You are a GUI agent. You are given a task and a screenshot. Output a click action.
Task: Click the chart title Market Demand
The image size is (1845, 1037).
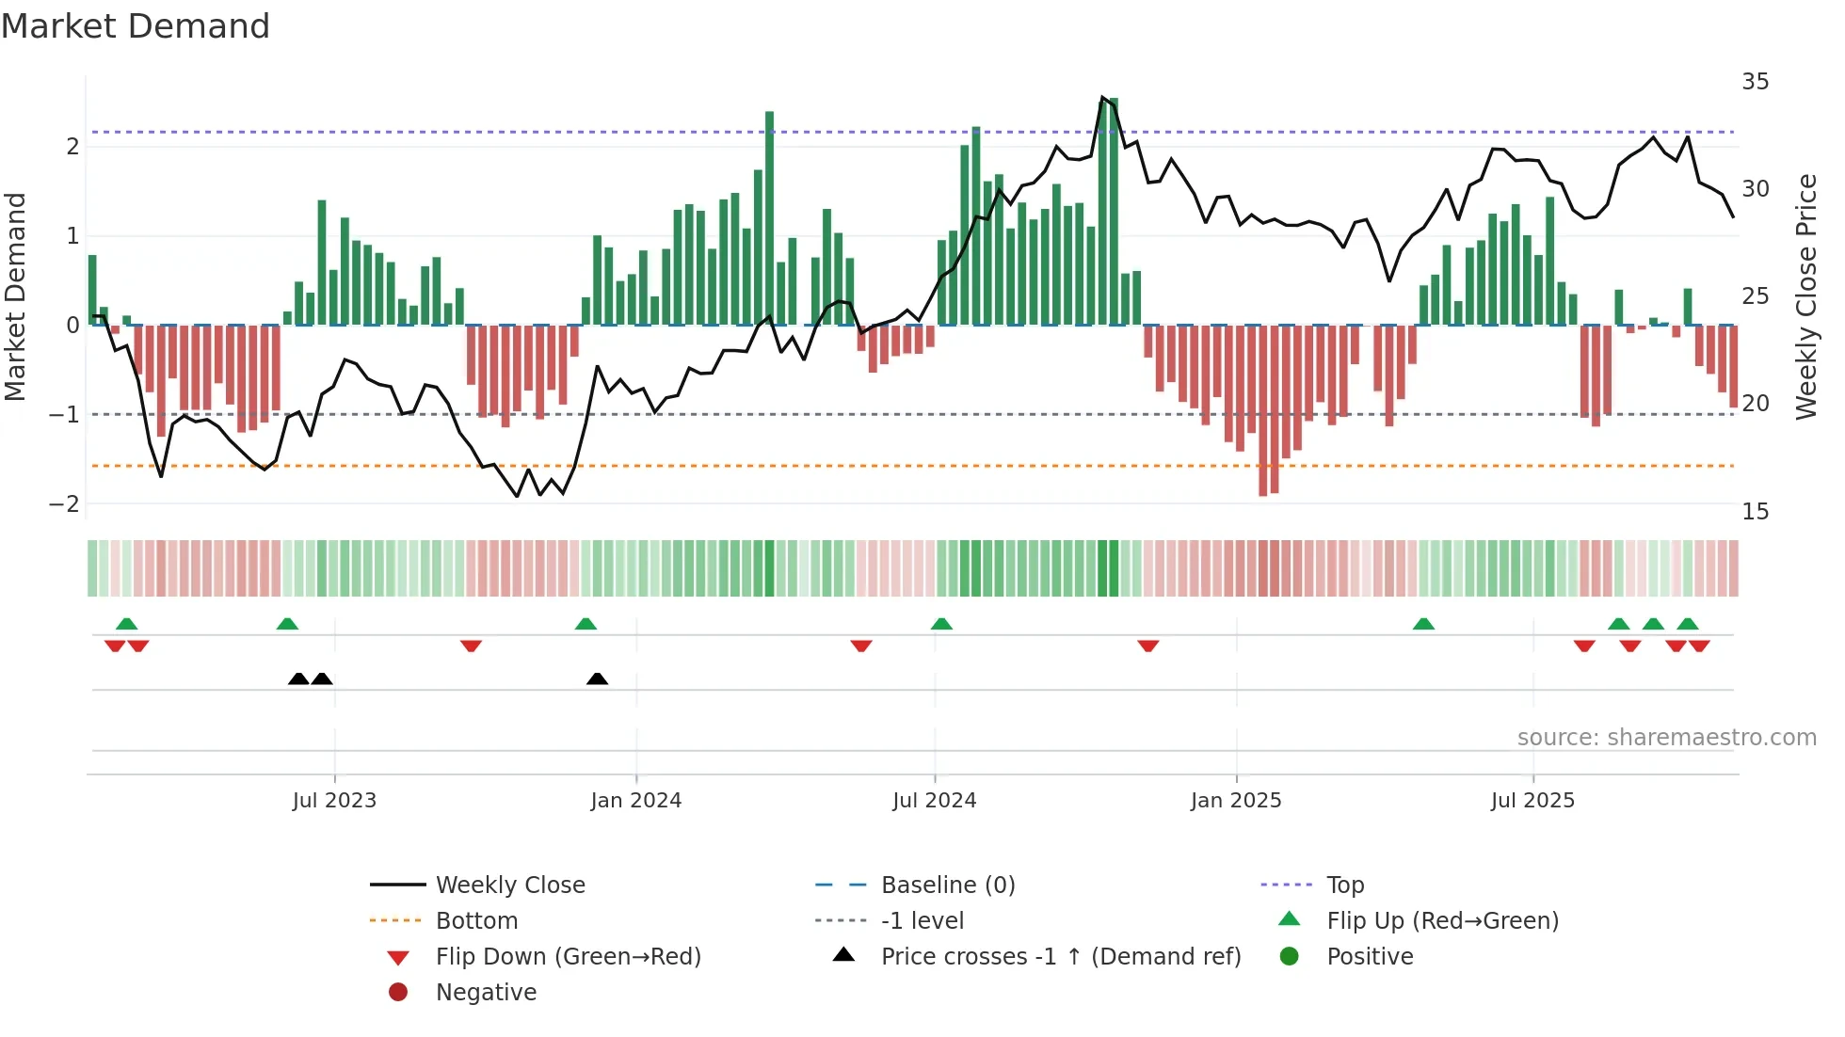(136, 26)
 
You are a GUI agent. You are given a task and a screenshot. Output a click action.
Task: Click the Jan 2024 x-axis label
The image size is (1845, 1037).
(635, 801)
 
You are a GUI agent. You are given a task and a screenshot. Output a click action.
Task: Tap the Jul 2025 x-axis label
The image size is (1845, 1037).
(1532, 801)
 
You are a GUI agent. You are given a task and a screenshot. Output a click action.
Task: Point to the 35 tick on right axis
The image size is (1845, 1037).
(1755, 82)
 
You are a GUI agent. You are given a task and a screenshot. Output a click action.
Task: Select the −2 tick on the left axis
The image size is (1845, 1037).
(64, 504)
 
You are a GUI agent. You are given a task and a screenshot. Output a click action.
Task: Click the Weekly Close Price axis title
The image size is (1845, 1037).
(1805, 296)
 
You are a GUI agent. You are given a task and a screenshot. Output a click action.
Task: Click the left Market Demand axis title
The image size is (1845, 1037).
(15, 296)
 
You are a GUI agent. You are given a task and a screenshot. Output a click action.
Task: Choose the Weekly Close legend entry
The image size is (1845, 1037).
(509, 885)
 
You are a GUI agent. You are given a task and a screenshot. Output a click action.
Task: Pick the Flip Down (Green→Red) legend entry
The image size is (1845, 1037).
(568, 957)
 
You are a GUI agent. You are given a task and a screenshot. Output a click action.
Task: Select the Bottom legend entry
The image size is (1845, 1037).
(476, 921)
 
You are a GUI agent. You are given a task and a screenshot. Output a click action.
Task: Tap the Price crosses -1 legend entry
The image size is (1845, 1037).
(1060, 957)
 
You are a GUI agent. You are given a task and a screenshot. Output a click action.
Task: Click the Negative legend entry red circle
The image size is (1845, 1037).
(398, 993)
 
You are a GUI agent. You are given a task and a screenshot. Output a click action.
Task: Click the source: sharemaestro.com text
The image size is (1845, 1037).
(1666, 738)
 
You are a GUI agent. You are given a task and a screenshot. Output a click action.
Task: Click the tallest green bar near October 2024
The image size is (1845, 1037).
(1114, 212)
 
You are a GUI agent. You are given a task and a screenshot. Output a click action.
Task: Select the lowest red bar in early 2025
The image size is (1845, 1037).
(1263, 410)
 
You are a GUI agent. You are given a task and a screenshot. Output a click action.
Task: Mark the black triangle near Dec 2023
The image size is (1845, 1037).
(597, 678)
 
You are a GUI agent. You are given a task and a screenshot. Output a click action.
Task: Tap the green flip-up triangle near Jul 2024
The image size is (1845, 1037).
(941, 624)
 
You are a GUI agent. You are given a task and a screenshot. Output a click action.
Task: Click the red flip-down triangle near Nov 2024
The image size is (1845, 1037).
(1147, 646)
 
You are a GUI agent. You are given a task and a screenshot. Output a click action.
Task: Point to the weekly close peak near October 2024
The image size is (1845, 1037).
(1102, 97)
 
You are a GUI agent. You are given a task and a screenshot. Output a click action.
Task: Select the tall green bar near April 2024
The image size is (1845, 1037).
(769, 218)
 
